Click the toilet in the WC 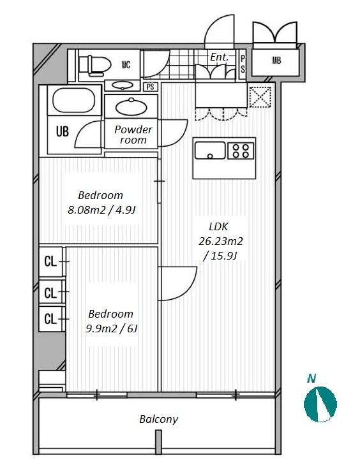coord(96,64)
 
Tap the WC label coord(126,64)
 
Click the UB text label coord(63,131)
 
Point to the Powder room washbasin coord(131,107)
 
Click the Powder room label coord(133,135)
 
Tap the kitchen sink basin coord(210,150)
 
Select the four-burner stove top coord(241,151)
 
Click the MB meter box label coord(276,61)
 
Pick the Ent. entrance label coord(220,57)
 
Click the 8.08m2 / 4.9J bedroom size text coord(101,209)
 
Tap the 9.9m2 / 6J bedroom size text coord(112,328)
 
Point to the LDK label coord(219,226)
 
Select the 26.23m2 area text coord(220,241)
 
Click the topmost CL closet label coord(50,262)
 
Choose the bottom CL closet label coord(50,319)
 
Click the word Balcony coord(158,419)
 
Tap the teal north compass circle coord(320,404)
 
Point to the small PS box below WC coord(151,87)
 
